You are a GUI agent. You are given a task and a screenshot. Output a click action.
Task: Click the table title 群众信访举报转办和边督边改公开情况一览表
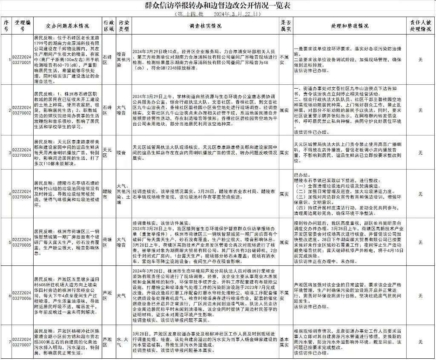click(218, 6)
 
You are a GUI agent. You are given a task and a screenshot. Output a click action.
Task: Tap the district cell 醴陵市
click(109, 194)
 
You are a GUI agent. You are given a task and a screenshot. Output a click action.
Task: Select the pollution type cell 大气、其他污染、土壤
click(124, 194)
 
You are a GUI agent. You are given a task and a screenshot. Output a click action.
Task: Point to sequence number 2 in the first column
click(6, 110)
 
